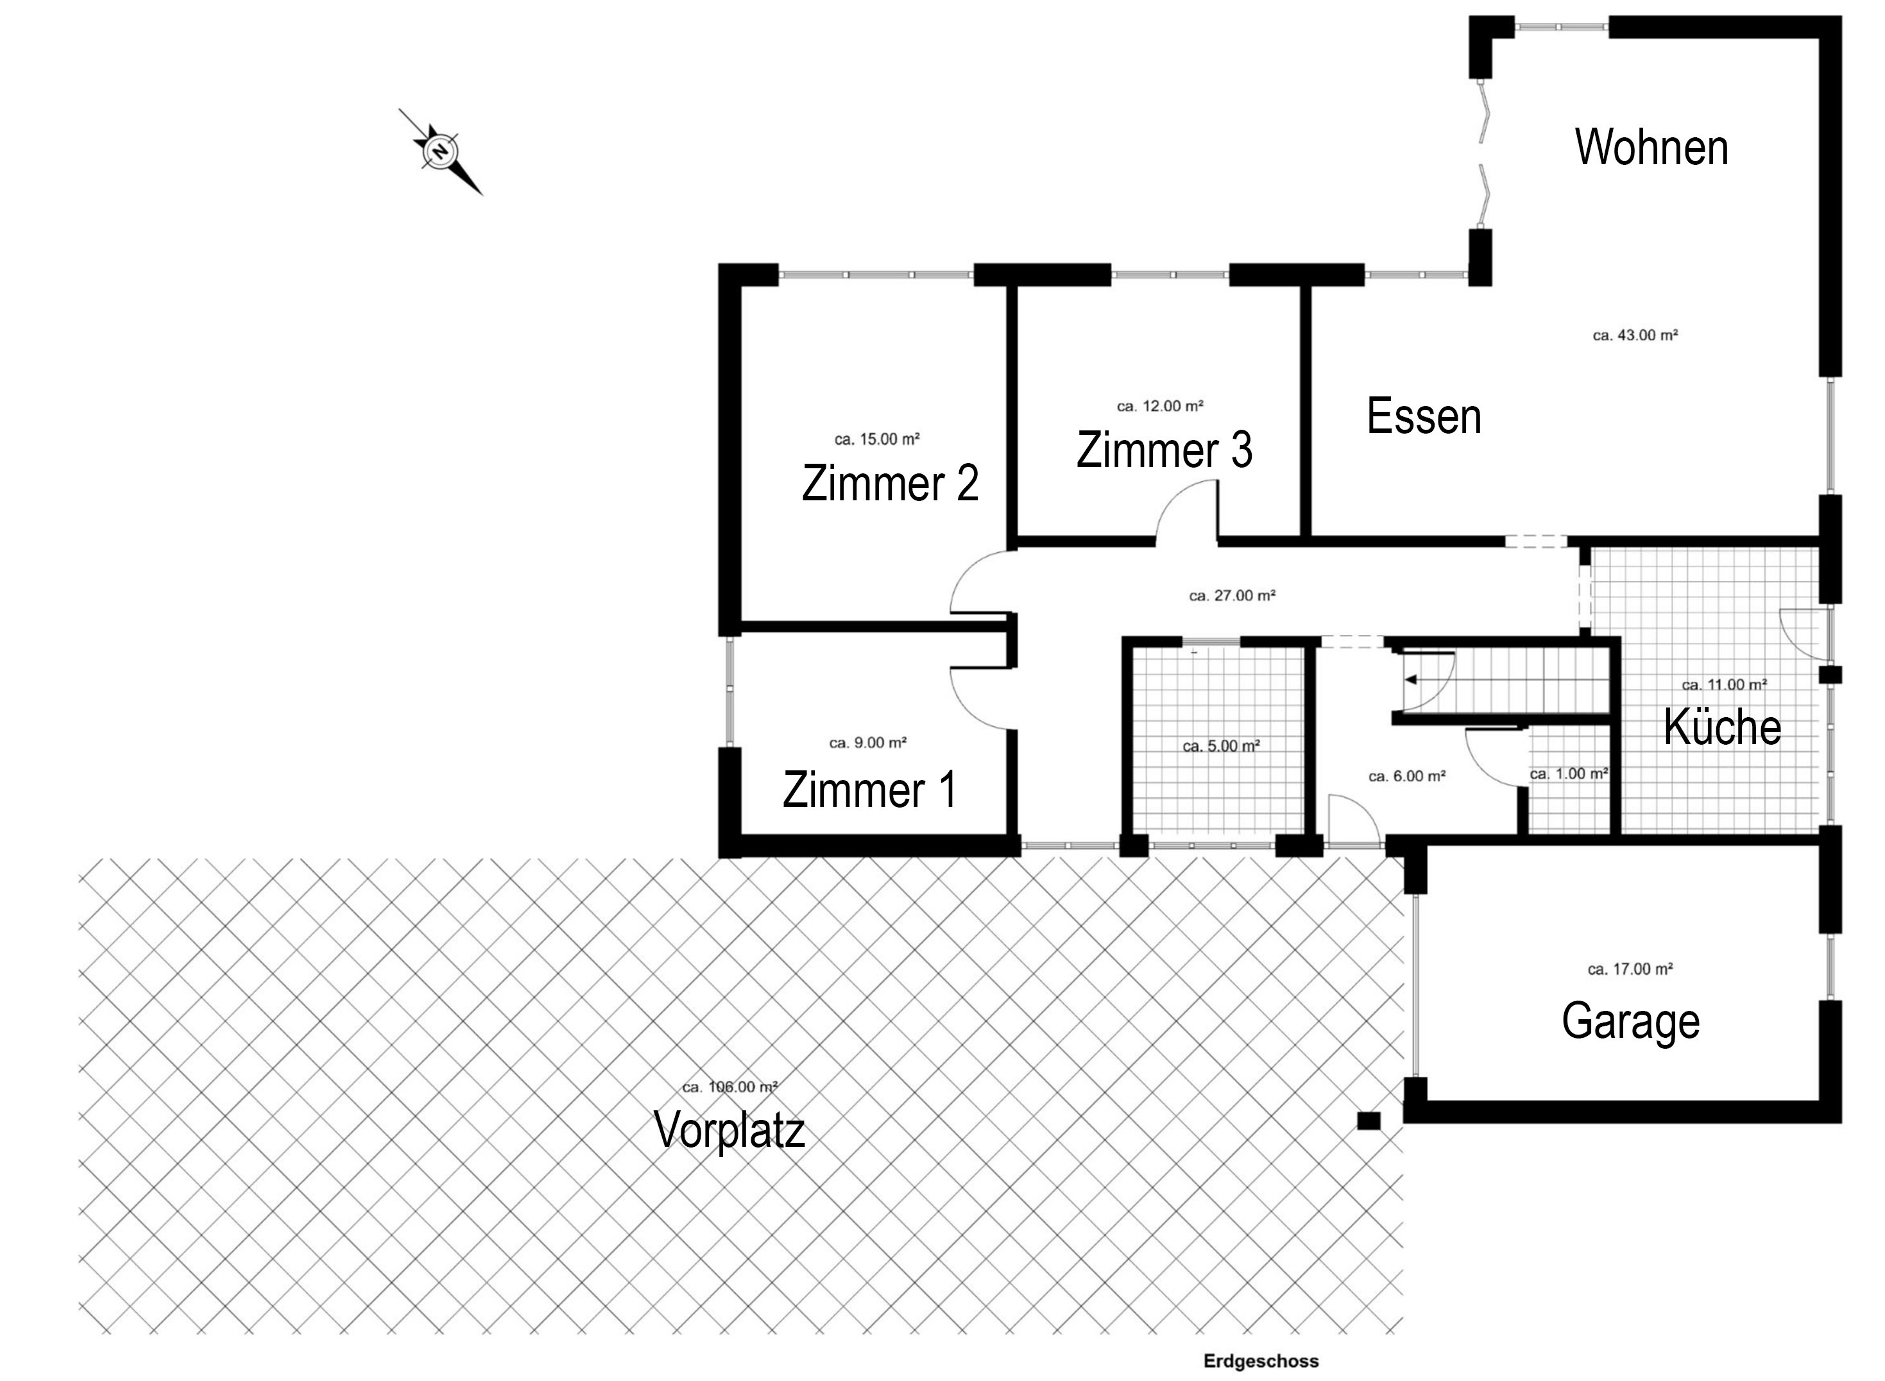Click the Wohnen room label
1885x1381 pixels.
click(1651, 148)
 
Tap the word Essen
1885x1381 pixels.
click(1424, 416)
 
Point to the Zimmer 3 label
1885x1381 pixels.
click(1164, 450)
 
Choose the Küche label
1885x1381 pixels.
click(1722, 727)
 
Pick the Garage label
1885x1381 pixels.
click(1630, 1021)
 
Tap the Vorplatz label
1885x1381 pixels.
click(729, 1130)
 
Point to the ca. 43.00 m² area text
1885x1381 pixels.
click(1635, 335)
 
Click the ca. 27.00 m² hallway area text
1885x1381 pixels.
click(1231, 596)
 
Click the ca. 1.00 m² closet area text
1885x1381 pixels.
click(1568, 774)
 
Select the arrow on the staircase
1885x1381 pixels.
click(1411, 680)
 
